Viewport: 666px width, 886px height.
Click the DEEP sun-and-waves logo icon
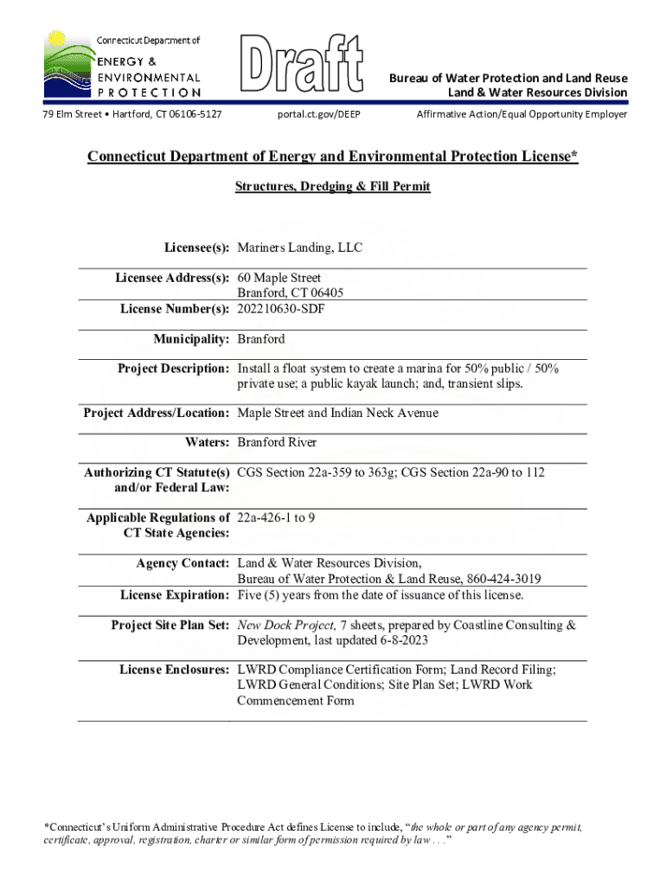click(x=67, y=63)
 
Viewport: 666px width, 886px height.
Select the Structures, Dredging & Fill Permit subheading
click(x=332, y=186)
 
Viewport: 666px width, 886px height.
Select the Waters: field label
click(x=208, y=442)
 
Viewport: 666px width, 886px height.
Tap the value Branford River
click(x=277, y=442)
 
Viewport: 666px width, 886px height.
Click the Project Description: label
click(x=173, y=369)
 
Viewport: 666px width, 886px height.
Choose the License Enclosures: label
click(x=174, y=670)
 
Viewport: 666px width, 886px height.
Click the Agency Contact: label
click(x=183, y=563)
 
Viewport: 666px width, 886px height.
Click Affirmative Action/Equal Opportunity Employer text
click(x=522, y=114)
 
